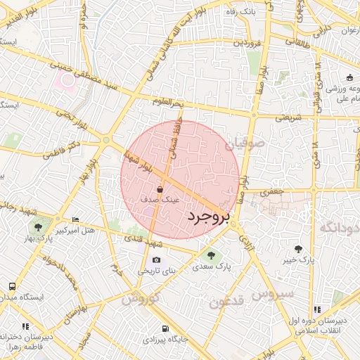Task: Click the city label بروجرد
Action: click(209, 217)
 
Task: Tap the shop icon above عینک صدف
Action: click(161, 189)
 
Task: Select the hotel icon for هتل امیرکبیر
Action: click(76, 220)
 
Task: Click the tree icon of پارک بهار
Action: click(37, 227)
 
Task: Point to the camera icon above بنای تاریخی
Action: click(156, 259)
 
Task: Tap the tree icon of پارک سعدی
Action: click(210, 255)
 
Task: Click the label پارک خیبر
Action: click(298, 260)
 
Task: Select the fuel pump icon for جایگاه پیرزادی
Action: click(165, 328)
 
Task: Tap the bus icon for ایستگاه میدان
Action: click(12, 286)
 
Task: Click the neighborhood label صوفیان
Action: click(246, 146)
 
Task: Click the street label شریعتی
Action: click(288, 118)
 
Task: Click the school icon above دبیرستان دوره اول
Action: click(317, 309)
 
